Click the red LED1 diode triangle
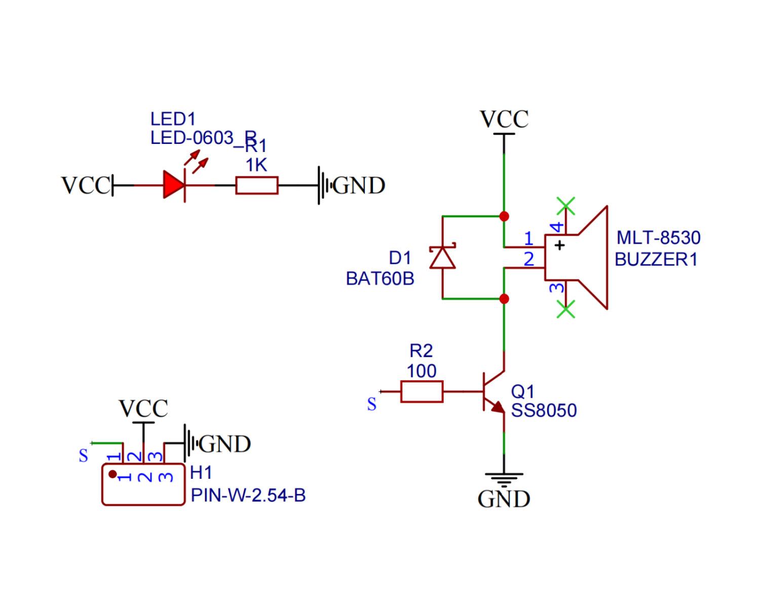pos(174,185)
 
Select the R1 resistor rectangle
pos(257,185)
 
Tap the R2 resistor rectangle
pos(422,392)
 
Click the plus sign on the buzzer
pos(559,245)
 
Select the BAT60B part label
pos(379,279)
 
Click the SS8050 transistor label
pos(544,410)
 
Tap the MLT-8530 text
pos(658,238)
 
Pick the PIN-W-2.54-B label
pos(248,496)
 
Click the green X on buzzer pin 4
pos(566,206)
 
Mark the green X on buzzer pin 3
pos(566,309)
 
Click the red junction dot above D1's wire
pos(504,216)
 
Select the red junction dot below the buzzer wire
pos(504,299)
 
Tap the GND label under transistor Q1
pos(504,499)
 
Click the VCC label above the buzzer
pos(504,119)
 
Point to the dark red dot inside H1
pos(112,474)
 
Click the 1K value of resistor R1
pos(256,165)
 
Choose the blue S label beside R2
pos(371,404)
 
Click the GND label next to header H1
pos(225,444)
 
